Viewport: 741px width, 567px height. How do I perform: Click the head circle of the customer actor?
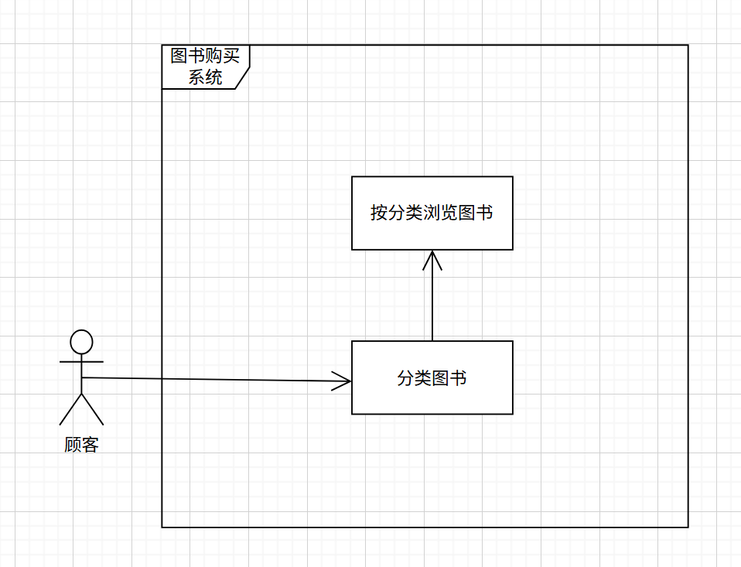click(x=81, y=341)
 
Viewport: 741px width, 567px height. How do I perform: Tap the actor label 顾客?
click(x=81, y=445)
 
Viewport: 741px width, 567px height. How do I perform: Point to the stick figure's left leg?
click(x=70, y=409)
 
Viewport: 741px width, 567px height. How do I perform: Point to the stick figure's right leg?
click(x=92, y=409)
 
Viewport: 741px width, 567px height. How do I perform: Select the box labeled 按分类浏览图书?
click(x=432, y=232)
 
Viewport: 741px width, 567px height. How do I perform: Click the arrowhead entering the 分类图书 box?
click(x=343, y=381)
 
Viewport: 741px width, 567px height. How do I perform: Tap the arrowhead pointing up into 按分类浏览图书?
click(x=432, y=259)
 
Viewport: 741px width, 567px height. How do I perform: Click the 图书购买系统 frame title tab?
click(x=206, y=67)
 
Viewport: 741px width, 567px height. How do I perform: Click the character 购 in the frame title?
click(x=214, y=56)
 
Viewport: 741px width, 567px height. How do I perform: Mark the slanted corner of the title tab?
click(x=243, y=77)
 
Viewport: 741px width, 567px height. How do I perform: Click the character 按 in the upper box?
click(x=378, y=213)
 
